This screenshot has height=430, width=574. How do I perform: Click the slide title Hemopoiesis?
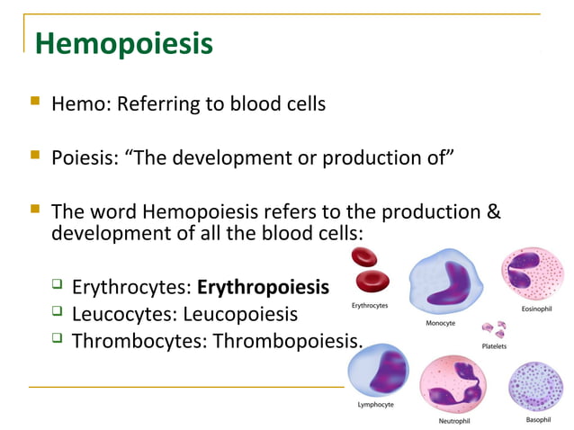click(123, 43)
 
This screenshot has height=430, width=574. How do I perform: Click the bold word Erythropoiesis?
click(263, 289)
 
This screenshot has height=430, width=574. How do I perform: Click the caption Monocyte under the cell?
click(440, 322)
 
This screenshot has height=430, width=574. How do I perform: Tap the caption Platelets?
click(494, 346)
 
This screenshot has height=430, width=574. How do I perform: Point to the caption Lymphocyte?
click(375, 405)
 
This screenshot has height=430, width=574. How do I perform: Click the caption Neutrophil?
click(453, 420)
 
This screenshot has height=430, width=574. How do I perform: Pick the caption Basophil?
click(538, 419)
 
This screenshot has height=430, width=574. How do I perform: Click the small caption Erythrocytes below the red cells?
click(370, 306)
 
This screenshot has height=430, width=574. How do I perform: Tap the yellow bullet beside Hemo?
click(35, 103)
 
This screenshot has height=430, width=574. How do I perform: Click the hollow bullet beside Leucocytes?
click(57, 313)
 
